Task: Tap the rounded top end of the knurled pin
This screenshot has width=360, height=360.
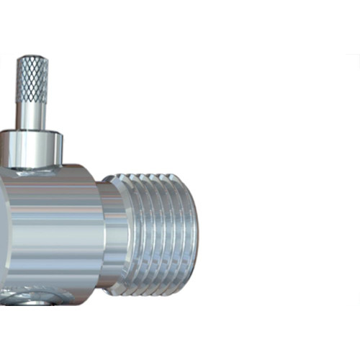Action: pos(32,58)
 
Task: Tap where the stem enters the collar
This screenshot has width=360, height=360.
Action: pos(32,131)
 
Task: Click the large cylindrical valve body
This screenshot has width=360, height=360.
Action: pos(50,230)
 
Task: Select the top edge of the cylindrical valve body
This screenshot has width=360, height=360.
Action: pos(72,167)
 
